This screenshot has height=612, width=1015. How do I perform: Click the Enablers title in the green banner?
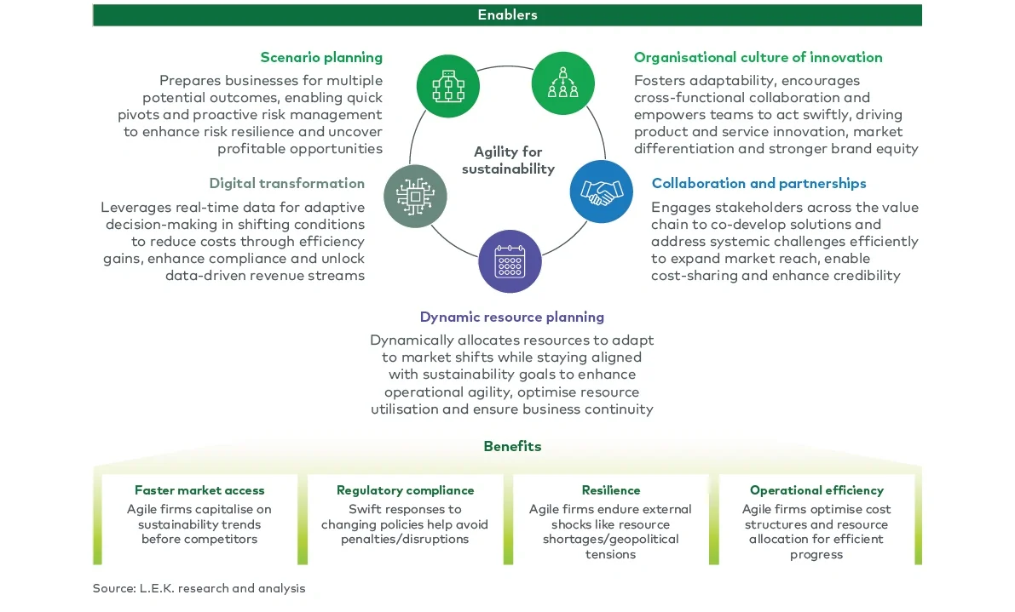(x=507, y=14)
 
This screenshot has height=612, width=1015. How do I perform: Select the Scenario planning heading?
(x=321, y=58)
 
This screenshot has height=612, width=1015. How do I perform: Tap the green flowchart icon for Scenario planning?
(x=447, y=84)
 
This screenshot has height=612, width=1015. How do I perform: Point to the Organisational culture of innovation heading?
(x=758, y=58)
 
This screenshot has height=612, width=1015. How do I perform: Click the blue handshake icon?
(x=601, y=192)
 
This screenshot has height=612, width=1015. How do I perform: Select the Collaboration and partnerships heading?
(x=758, y=184)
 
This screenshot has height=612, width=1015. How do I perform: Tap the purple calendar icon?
(x=509, y=261)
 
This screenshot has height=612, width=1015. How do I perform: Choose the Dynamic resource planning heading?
(x=511, y=317)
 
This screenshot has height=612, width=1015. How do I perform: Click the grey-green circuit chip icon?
(x=414, y=195)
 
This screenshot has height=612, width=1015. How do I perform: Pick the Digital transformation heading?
(x=286, y=184)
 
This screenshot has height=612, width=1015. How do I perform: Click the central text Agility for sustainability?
(x=508, y=160)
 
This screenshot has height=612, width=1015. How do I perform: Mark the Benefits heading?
(x=512, y=447)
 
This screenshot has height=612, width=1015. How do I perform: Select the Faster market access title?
(x=199, y=490)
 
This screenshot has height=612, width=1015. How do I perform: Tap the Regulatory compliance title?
(x=405, y=490)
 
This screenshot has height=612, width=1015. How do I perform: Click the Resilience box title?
(x=610, y=490)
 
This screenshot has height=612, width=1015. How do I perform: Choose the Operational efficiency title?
(x=816, y=490)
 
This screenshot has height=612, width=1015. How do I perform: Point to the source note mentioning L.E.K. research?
(x=199, y=588)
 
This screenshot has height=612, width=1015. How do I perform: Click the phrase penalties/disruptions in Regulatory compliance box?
(x=405, y=539)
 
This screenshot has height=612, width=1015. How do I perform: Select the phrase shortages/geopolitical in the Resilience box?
(x=610, y=539)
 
